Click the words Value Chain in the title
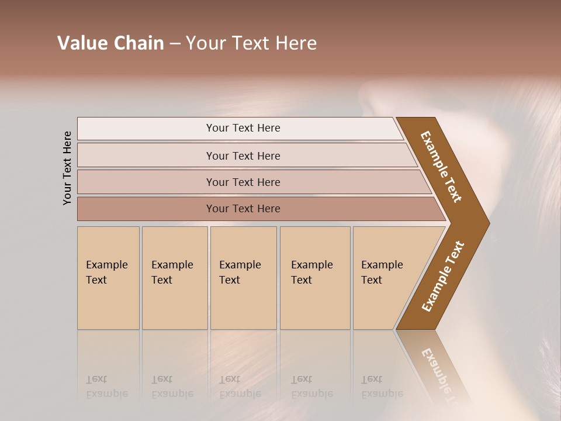click(x=110, y=43)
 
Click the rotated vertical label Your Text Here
click(x=67, y=168)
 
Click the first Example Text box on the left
click(x=108, y=278)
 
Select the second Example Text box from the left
click(x=175, y=278)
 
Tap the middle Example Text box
click(x=243, y=278)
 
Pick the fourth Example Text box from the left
click(x=315, y=278)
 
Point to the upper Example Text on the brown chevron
click(x=441, y=167)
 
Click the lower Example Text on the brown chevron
click(x=443, y=277)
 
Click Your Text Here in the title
click(x=251, y=43)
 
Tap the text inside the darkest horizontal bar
click(x=243, y=209)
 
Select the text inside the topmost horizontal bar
click(x=243, y=128)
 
